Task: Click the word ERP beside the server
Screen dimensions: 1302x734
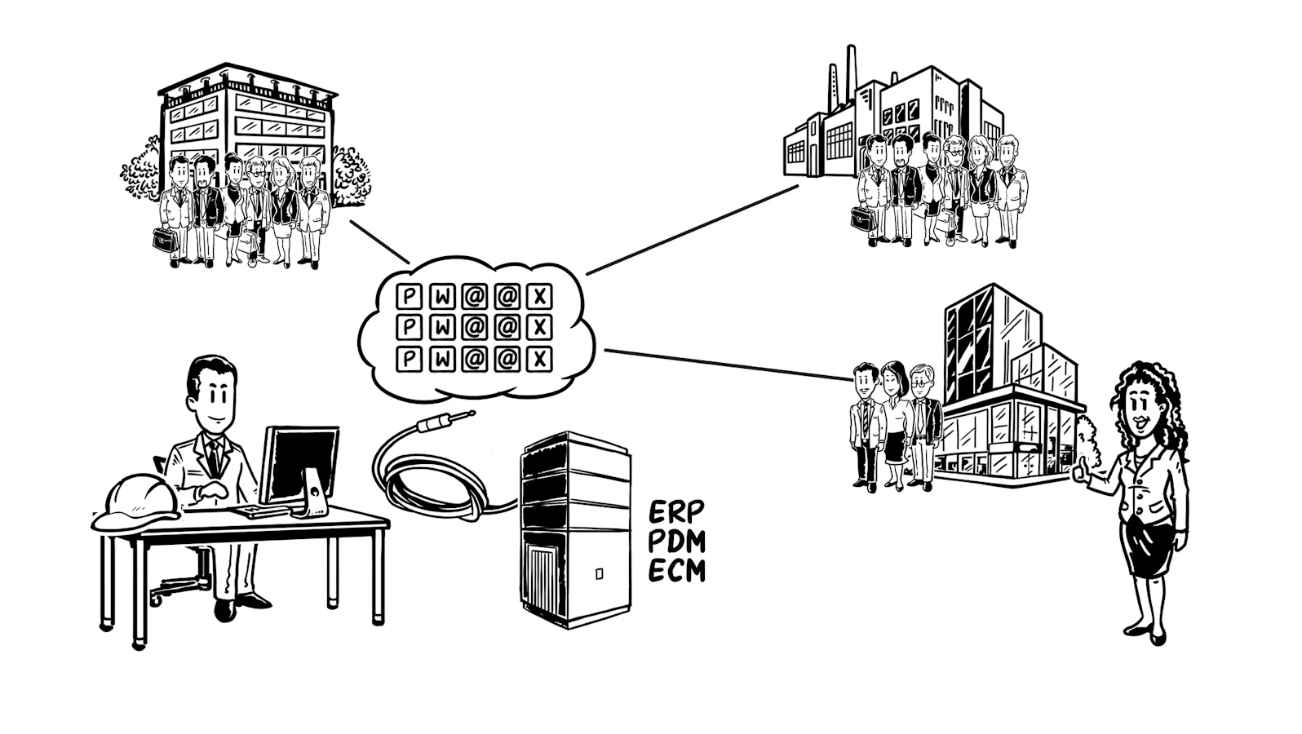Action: point(676,511)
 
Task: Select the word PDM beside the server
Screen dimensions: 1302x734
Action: point(676,542)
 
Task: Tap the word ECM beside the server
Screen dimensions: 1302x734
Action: point(676,570)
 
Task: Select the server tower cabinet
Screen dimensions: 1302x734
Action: point(574,529)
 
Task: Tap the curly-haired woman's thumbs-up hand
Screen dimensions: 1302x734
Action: point(1080,468)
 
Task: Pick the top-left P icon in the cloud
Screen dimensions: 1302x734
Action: point(410,297)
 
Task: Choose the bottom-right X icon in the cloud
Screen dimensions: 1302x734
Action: point(539,360)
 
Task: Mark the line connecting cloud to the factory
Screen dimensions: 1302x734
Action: point(693,230)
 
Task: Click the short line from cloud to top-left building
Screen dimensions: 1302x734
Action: point(379,241)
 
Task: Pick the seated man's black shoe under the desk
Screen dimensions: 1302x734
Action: point(225,610)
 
